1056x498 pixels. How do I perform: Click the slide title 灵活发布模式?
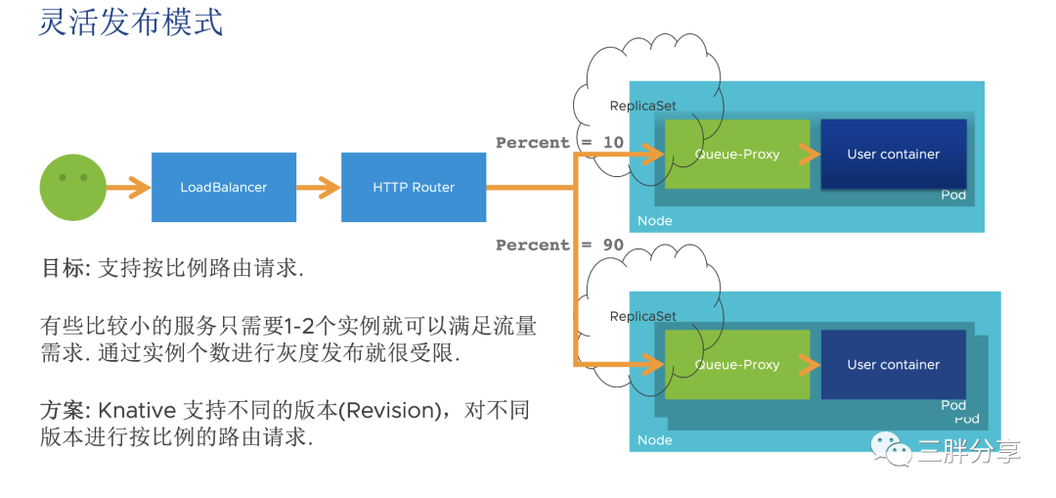point(130,23)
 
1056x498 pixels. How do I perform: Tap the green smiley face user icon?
point(72,187)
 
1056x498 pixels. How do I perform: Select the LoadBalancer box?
point(224,187)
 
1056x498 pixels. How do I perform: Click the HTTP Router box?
point(414,187)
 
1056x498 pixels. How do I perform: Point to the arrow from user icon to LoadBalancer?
point(128,187)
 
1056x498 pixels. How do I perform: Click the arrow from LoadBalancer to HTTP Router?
point(319,187)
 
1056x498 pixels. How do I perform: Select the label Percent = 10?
point(559,143)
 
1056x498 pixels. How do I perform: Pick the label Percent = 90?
point(559,246)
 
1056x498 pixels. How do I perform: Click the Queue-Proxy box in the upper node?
point(737,155)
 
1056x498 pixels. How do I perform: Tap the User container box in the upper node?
point(893,155)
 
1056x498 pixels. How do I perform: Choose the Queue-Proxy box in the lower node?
point(737,365)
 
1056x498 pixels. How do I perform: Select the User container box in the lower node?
point(893,365)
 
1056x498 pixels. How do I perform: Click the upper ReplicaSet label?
point(643,106)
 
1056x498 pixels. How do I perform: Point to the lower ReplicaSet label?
point(643,316)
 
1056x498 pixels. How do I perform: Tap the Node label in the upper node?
point(654,221)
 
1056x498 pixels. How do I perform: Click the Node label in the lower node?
point(654,440)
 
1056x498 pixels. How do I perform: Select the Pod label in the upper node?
point(953,196)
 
